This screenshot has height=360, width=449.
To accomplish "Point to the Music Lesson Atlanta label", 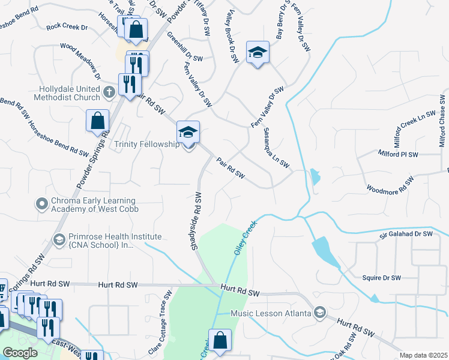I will point(272,313).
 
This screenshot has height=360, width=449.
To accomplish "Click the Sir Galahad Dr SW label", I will point(406,234).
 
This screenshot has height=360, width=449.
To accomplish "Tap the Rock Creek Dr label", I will point(67,27).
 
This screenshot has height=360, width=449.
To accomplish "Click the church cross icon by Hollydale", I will point(109,92).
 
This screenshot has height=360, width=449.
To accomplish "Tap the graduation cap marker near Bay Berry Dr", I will point(258,52).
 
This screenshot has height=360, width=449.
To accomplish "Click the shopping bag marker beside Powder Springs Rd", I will point(97,121).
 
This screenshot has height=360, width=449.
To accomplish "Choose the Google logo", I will point(20,353).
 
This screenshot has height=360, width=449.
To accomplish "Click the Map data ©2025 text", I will point(423,355).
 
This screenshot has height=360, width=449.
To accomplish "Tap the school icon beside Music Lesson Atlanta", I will point(320,313).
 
